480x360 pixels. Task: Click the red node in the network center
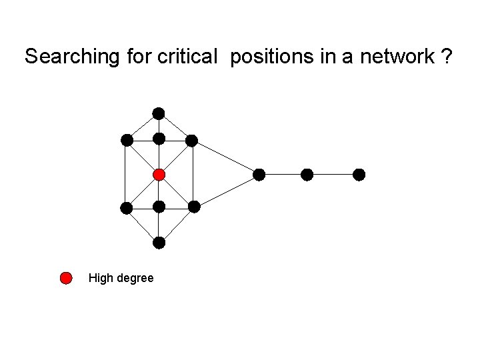pos(159,175)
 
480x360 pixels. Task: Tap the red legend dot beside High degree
pos(66,278)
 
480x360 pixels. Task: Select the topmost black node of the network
pos(159,113)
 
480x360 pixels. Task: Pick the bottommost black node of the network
pos(159,243)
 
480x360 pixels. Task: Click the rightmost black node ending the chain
pos(359,175)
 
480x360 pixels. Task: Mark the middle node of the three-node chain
pos(307,175)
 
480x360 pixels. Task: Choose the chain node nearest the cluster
pos(259,175)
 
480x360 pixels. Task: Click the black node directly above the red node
pos(159,139)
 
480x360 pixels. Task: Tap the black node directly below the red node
pos(159,207)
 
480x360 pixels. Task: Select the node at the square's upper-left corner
pos(126,140)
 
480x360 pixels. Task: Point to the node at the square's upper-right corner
pos(191,140)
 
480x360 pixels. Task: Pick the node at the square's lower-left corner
pos(126,207)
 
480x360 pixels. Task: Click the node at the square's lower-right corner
pos(193,207)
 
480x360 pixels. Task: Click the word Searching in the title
pos(71,57)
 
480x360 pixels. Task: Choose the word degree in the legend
pos(135,278)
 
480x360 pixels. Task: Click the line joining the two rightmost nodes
pos(333,175)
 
